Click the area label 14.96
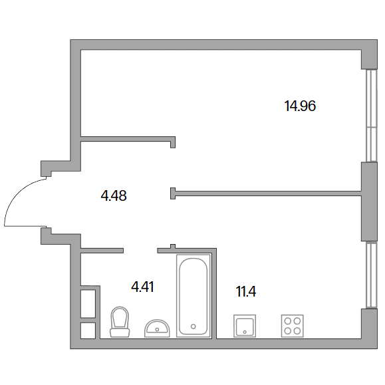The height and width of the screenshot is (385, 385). pos(300,106)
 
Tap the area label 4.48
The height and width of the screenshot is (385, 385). pos(114,196)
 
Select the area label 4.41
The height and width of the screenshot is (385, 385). pos(143,287)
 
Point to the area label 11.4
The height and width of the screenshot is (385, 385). pos(246,292)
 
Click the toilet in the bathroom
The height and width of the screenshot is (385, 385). pos(120,322)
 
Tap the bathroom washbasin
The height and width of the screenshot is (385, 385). pos(157,328)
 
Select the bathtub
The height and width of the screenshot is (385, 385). pos(193,296)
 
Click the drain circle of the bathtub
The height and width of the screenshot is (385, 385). pos(193,326)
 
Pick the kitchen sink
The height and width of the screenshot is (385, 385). pos(245,326)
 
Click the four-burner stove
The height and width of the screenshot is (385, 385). pos(292,326)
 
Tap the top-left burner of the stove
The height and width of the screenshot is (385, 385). pos(287,321)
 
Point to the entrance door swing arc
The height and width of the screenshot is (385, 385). pos(17,194)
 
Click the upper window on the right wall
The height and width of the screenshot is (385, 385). pos(371,116)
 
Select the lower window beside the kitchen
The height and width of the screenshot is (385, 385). pos(371,275)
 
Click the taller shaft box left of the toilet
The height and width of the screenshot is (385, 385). pos(88,304)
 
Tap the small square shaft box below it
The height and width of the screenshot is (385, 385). pos(88,330)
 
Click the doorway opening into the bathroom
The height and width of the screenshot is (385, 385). pos(140,251)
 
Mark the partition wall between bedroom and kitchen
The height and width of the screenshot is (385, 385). pos(266,193)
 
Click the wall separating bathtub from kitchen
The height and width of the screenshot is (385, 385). pos(214,294)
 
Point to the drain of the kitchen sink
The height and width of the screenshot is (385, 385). pos(245,332)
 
